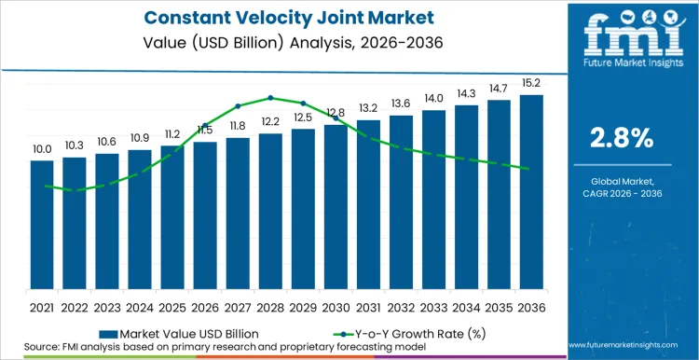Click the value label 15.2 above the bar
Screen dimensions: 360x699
[x=531, y=82]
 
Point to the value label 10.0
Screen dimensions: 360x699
[x=42, y=148]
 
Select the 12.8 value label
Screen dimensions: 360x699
[x=336, y=113]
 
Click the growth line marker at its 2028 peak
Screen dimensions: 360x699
[x=270, y=97]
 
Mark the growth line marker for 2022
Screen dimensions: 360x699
[x=75, y=191]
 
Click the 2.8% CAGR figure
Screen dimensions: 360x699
[x=622, y=138]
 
